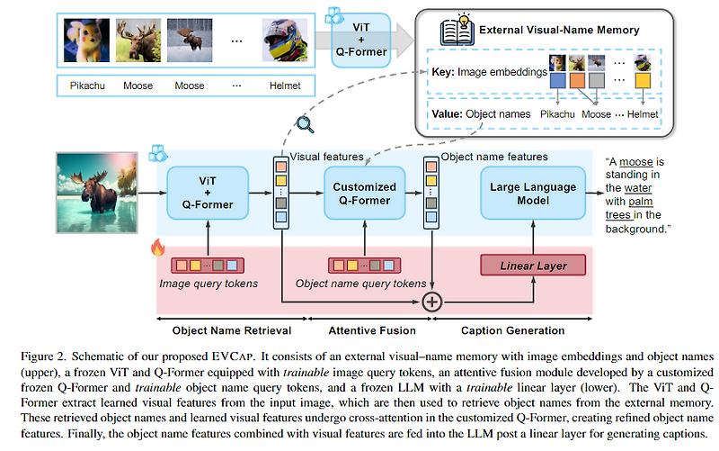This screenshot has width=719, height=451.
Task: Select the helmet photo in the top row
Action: [281, 41]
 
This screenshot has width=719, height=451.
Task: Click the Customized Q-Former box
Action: [364, 194]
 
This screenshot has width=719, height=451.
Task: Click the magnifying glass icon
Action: [306, 126]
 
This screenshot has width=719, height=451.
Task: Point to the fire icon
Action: [156, 246]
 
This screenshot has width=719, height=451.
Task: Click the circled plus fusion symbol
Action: [434, 301]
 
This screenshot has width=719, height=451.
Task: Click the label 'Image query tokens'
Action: [208, 284]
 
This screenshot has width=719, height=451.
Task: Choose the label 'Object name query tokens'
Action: [360, 284]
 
